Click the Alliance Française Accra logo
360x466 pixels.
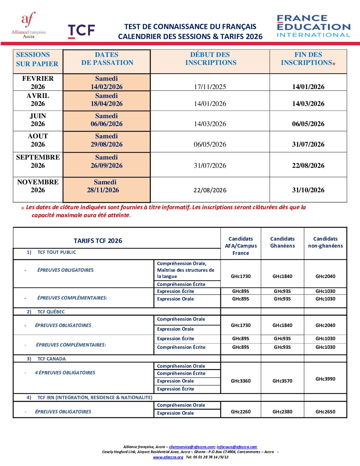pos(29,25)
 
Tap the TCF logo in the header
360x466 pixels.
pos(81,31)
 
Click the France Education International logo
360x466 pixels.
pos(313,26)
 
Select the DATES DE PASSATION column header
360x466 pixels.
pos(107,59)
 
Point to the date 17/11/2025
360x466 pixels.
pos(210,87)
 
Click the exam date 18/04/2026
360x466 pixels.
pos(107,104)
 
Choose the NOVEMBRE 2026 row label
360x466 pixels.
pos(38,186)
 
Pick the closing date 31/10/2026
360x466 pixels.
pos(308,190)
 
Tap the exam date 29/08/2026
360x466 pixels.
pos(107,144)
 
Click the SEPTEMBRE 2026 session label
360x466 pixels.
pos(38,161)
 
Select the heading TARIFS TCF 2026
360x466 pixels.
pos(98,241)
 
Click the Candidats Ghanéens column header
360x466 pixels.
pos(282,242)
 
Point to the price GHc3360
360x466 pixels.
pos(241,381)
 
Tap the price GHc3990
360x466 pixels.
pos(325,379)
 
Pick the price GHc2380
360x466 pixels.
pos(282,412)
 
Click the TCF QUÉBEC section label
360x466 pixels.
pos(51,312)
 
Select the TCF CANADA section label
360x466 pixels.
pos(51,359)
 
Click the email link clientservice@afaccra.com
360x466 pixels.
pos(192,447)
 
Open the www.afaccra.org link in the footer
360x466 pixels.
pos(168,457)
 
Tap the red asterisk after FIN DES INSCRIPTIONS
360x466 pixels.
pos(334,64)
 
